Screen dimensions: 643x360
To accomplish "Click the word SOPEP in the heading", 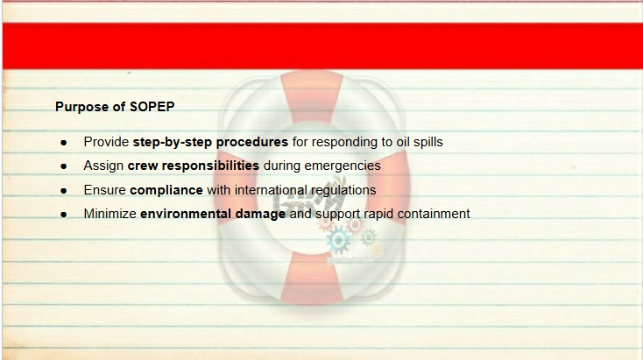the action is tap(152, 107).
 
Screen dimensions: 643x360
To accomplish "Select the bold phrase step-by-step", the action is tap(173, 142).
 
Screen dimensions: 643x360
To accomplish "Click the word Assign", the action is tap(103, 166).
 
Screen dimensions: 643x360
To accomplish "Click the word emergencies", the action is tap(343, 166).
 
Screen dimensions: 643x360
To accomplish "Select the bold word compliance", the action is tap(166, 190).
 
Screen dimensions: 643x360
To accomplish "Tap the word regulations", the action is tap(343, 190).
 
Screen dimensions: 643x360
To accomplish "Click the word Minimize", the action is tap(110, 214).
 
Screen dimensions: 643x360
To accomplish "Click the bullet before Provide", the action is tap(64, 143).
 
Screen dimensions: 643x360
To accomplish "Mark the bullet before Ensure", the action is tap(64, 191).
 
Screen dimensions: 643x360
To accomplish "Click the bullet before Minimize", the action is tap(64, 215).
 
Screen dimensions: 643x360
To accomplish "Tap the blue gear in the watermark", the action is tap(339, 240).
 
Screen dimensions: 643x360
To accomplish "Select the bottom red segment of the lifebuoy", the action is tap(312, 279).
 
